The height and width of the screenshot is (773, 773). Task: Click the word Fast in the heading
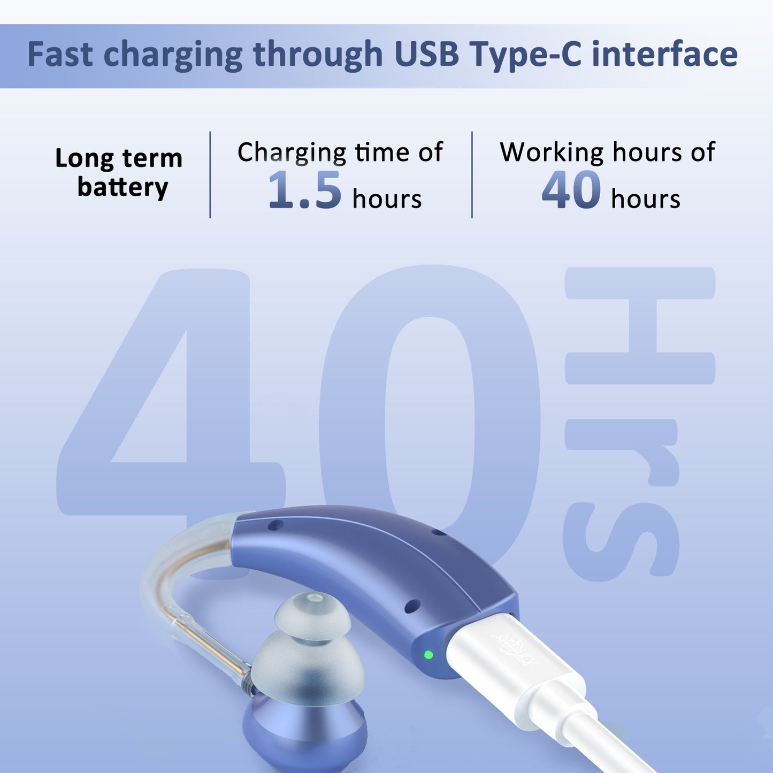(x=60, y=55)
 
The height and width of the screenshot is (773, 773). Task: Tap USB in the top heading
(x=426, y=55)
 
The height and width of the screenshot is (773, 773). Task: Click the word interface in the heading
(x=664, y=55)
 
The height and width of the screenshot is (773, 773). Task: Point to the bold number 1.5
(x=304, y=191)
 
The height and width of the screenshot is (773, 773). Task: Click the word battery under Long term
(x=123, y=188)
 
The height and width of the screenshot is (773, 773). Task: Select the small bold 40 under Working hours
(x=571, y=191)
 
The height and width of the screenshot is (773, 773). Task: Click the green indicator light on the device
(x=428, y=654)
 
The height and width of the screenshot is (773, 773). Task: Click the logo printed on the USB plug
(x=515, y=648)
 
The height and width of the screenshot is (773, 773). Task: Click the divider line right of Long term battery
(x=210, y=175)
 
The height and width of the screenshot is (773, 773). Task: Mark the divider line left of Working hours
(x=472, y=175)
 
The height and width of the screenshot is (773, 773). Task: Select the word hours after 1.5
(x=387, y=200)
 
